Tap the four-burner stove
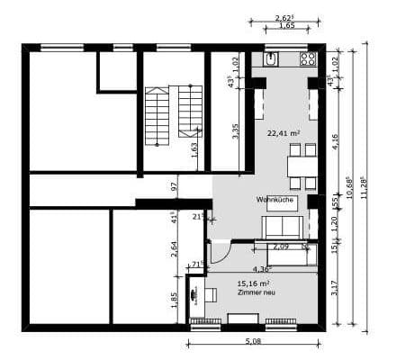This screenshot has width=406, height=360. click(x=308, y=59)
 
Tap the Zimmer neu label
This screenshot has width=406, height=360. click(x=253, y=294)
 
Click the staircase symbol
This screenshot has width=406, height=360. click(x=173, y=115)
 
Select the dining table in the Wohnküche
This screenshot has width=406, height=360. click(x=302, y=166)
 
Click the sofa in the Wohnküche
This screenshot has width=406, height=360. click(x=281, y=228)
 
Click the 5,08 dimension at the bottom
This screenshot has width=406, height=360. click(x=254, y=341)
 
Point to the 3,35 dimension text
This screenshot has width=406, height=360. click(x=236, y=130)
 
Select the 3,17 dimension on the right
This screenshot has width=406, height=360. click(x=335, y=289)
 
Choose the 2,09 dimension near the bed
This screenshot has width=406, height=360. click(x=280, y=246)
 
